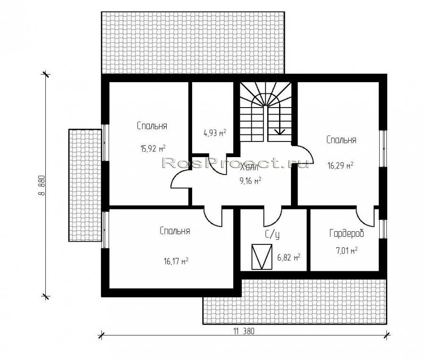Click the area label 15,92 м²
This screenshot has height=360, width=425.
pos(153,149)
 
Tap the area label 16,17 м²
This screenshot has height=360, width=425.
pos(176,261)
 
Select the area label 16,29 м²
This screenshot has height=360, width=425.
pos(340,165)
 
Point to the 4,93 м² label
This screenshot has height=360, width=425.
pos(215,133)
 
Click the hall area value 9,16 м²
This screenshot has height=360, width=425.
pos(250,180)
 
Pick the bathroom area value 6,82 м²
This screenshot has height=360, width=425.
pos(289,257)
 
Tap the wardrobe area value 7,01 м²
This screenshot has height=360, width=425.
pos(347,250)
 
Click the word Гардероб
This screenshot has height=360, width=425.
pos(347,234)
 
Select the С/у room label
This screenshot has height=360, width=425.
pos(272,234)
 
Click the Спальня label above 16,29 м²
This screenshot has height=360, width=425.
pos(341,140)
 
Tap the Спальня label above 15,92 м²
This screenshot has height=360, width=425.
pos(152,126)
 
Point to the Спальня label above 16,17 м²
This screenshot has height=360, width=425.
pos(175,231)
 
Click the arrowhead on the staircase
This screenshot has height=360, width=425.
pos(280,132)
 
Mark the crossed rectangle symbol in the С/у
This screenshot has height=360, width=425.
pos(262,257)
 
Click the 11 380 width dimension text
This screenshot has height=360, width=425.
pos(244,331)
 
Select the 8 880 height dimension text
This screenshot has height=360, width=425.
pos(42,185)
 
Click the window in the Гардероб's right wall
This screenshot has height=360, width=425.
pos(382,229)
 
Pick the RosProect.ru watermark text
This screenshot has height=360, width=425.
pos(236,163)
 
